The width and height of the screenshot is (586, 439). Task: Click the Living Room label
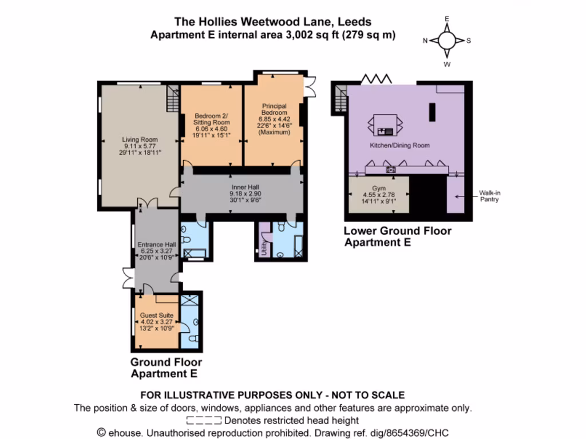[140, 139]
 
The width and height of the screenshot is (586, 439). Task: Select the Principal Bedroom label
[275, 109]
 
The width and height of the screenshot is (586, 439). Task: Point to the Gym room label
[379, 188]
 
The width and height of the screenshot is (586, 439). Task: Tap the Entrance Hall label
[156, 244]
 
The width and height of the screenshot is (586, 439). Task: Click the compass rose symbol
[447, 40]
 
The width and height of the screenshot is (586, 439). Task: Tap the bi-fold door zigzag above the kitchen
[375, 78]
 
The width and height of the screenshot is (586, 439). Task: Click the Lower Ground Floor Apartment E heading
[397, 236]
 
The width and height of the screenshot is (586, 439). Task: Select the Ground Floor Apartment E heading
[166, 368]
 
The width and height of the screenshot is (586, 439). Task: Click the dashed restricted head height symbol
[204, 421]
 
